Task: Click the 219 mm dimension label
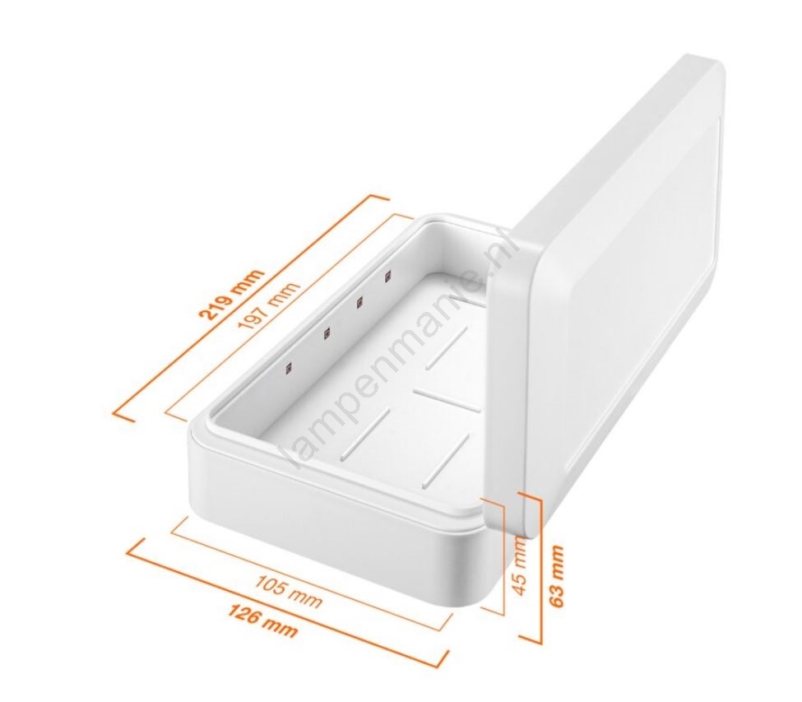tap(234, 293)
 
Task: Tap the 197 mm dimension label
tap(268, 306)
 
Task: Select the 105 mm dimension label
tap(289, 592)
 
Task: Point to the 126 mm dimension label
tap(262, 621)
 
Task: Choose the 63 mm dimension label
tap(557, 576)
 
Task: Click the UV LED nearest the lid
tap(388, 277)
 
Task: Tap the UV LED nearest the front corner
tap(289, 367)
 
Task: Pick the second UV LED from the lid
tap(359, 303)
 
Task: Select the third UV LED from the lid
tap(326, 333)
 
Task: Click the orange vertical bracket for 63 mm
tap(539, 568)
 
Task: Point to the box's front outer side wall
tap(337, 517)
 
